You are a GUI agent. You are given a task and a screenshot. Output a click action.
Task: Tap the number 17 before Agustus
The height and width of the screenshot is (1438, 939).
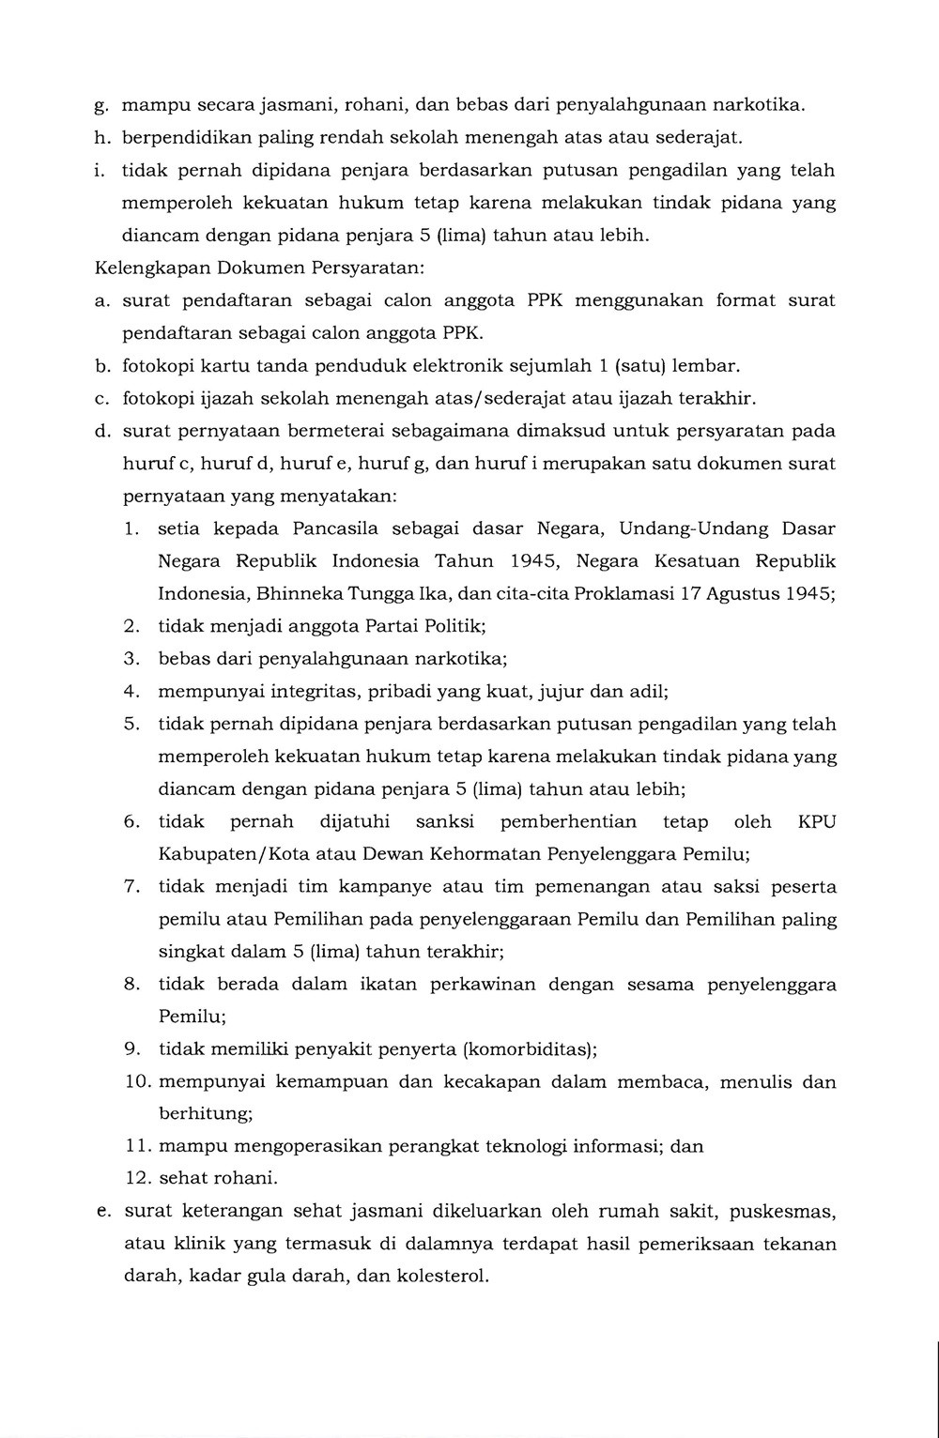click(694, 594)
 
